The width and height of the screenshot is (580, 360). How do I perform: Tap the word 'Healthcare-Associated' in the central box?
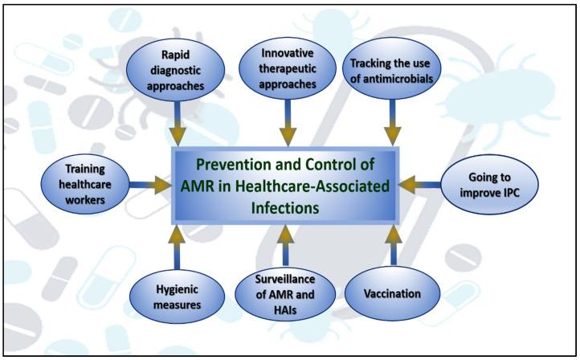click(316, 186)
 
